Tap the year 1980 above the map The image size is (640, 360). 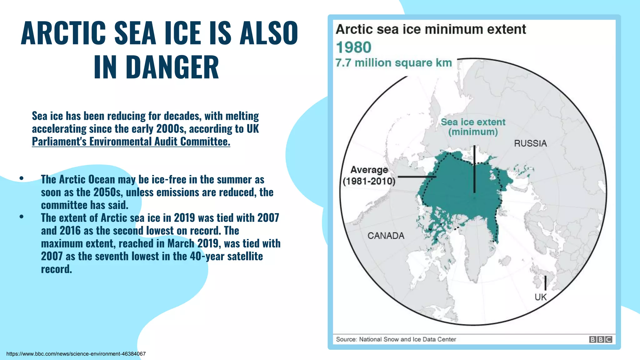[x=353, y=47]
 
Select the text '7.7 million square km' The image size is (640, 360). [x=394, y=63]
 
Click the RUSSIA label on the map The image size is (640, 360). [x=530, y=143]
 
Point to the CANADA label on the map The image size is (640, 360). [x=386, y=236]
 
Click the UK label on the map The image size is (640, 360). [x=541, y=297]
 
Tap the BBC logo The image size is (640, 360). [x=600, y=339]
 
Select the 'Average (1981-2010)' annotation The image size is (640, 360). [x=369, y=175]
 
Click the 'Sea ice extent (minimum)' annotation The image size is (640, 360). [x=473, y=127]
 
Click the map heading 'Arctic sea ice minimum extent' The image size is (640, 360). [x=431, y=29]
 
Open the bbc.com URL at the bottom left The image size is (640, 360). [x=76, y=354]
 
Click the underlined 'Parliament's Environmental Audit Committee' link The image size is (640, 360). [x=131, y=142]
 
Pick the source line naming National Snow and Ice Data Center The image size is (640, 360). [x=396, y=339]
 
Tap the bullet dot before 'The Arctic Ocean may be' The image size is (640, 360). [x=21, y=178]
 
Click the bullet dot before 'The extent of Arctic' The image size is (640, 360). [x=21, y=217]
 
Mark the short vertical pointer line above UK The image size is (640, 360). [x=545, y=283]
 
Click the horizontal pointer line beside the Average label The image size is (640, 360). [x=417, y=177]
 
